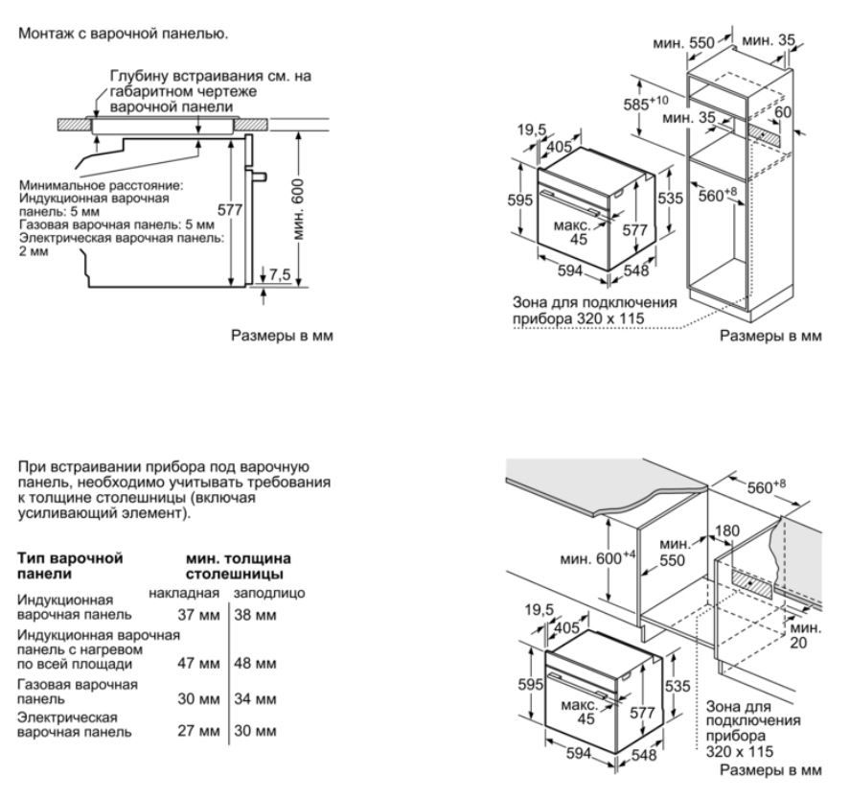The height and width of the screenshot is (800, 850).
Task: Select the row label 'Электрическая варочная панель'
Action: (x=73, y=724)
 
